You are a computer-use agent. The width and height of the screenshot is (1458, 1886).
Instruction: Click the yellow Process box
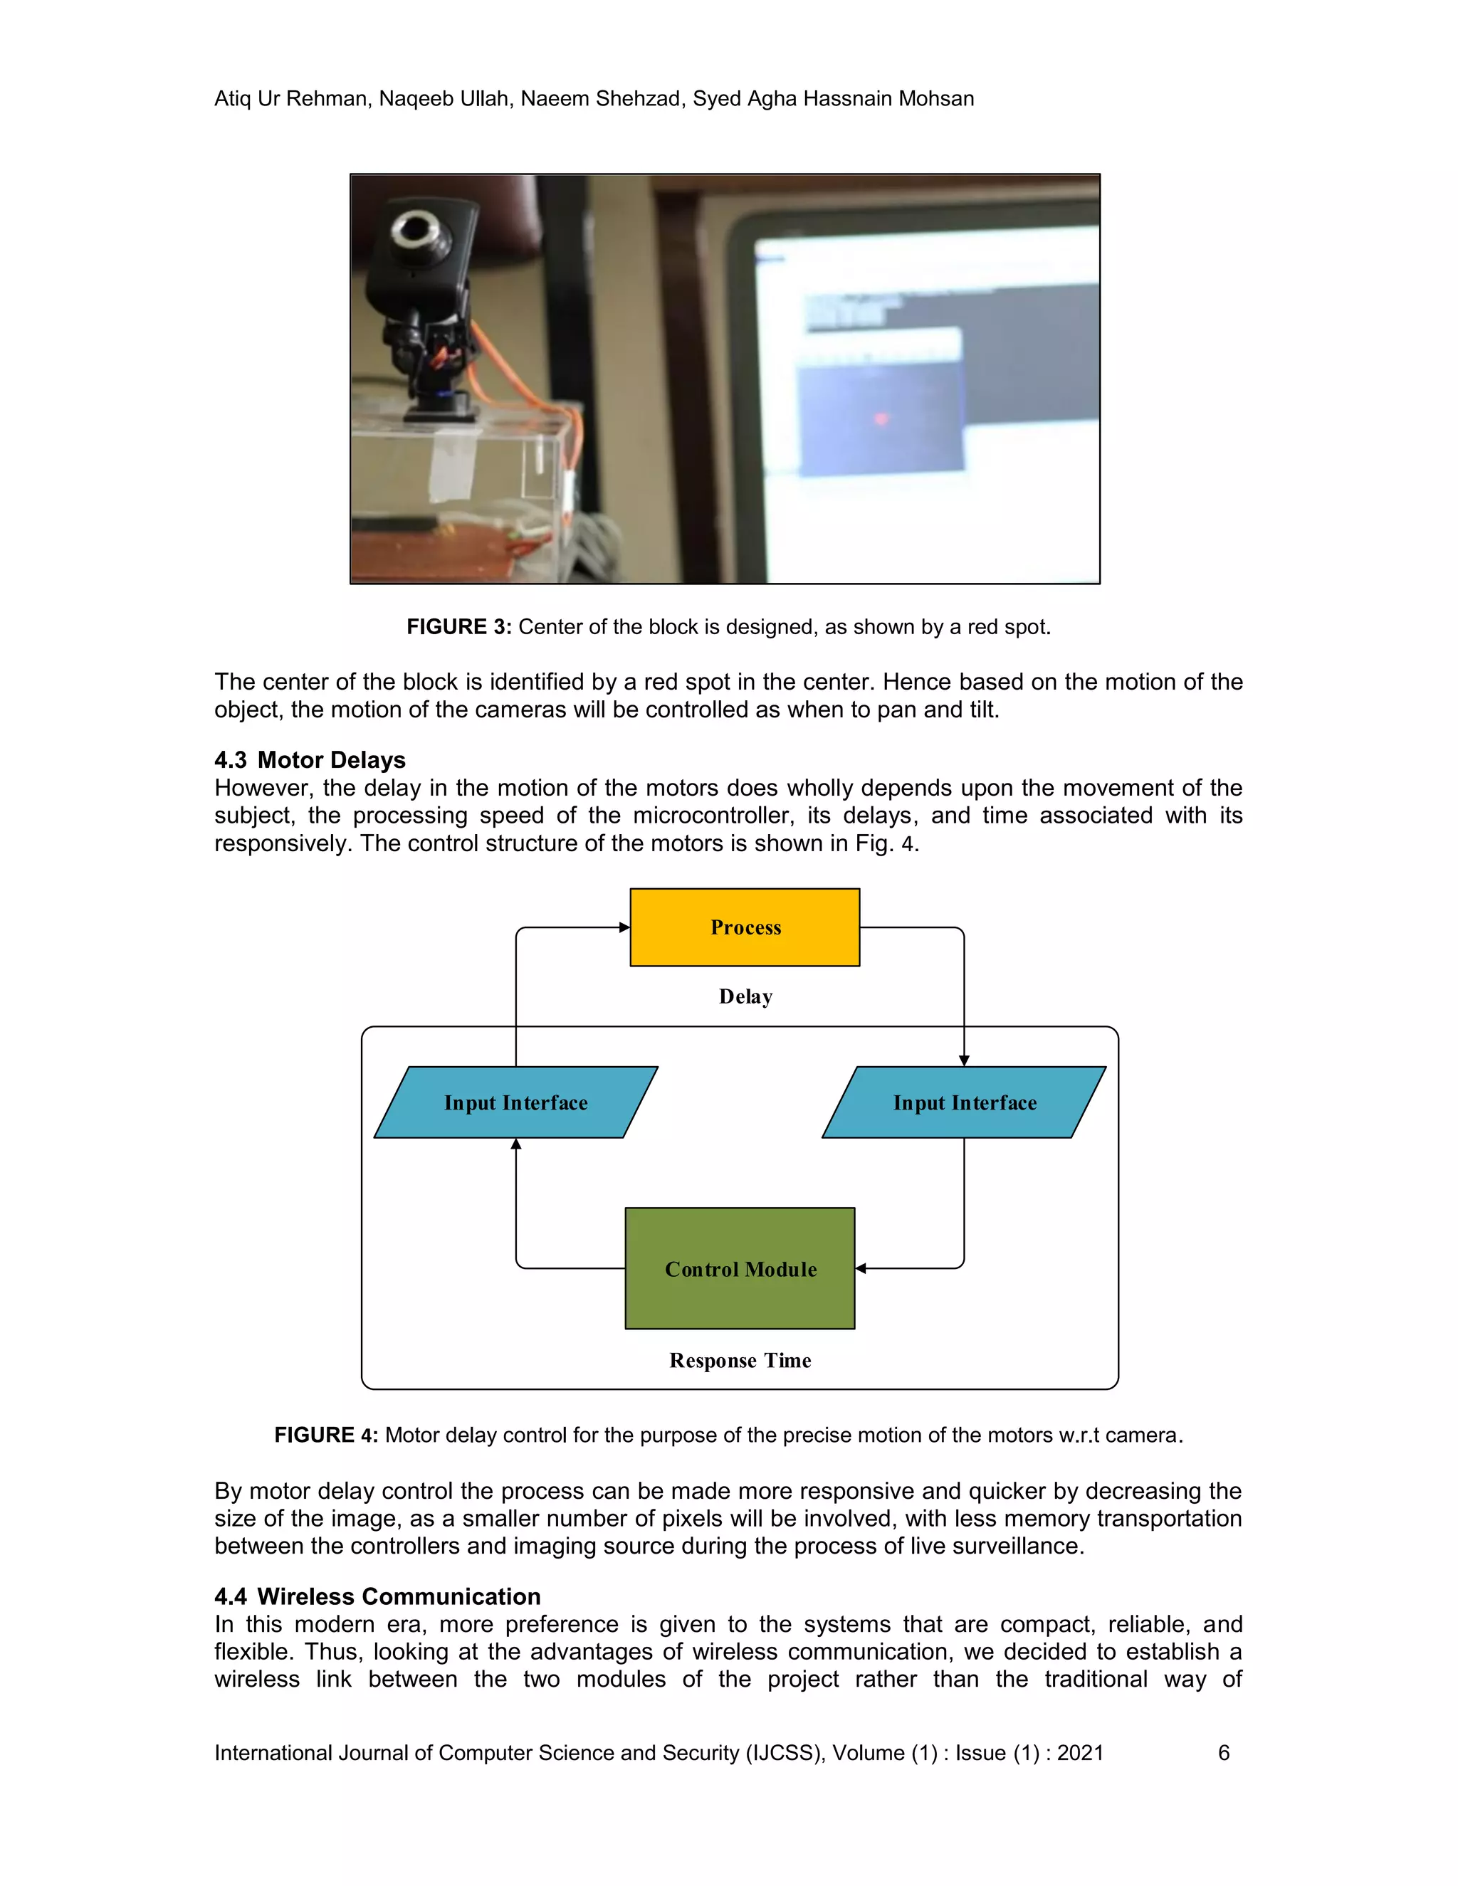pos(745,927)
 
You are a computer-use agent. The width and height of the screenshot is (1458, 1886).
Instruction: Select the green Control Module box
pos(740,1268)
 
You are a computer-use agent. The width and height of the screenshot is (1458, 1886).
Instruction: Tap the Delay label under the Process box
pos(745,996)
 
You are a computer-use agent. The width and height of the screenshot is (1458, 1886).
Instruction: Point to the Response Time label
pos(740,1361)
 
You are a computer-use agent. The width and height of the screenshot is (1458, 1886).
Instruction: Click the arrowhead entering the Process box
pos(624,927)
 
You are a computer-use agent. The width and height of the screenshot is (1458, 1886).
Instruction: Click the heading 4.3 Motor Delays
pos(310,760)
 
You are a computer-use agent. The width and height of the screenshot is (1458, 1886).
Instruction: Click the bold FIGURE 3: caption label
pos(458,627)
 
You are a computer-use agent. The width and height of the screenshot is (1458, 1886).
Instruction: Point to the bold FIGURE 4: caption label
pos(325,1435)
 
